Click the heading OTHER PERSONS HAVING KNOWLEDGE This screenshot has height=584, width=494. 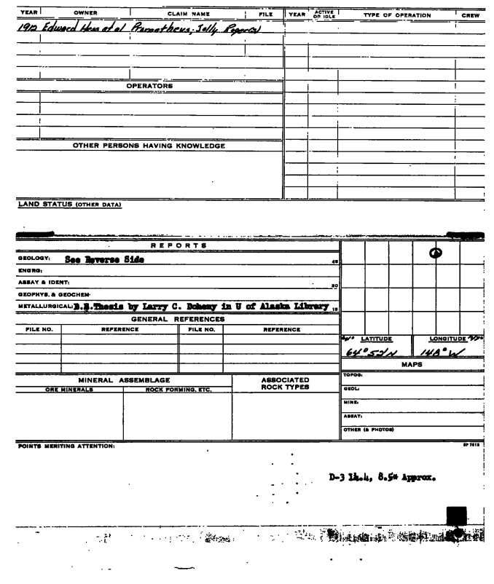coord(149,146)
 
